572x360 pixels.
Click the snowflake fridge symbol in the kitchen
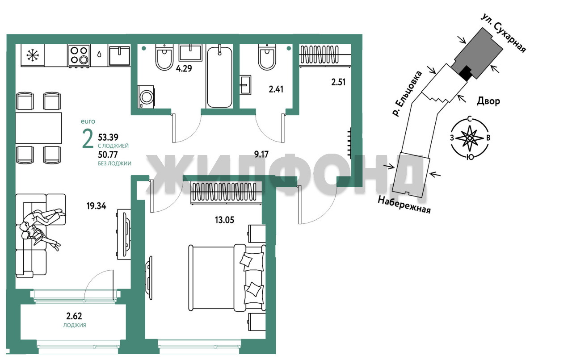pyautogui.click(x=33, y=56)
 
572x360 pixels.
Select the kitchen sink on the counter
pyautogui.click(x=119, y=55)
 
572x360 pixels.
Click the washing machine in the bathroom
pyautogui.click(x=146, y=97)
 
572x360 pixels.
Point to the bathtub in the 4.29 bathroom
pyautogui.click(x=219, y=76)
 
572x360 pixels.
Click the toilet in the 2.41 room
pyautogui.click(x=267, y=57)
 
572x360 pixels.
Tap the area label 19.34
pyautogui.click(x=96, y=205)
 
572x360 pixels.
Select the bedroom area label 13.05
pyautogui.click(x=224, y=220)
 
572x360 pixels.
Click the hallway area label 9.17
pyautogui.click(x=261, y=154)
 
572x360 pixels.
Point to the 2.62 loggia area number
pyautogui.click(x=74, y=316)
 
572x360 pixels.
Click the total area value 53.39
pyautogui.click(x=108, y=138)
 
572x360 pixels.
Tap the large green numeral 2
pyautogui.click(x=88, y=138)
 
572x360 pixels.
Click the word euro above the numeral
pyautogui.click(x=88, y=121)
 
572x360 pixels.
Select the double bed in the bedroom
pyautogui.click(x=227, y=278)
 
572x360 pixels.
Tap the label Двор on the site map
pyautogui.click(x=488, y=101)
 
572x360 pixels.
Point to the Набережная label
pyautogui.click(x=404, y=205)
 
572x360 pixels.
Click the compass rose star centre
pyautogui.click(x=469, y=138)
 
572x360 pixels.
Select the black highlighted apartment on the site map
pyautogui.click(x=466, y=73)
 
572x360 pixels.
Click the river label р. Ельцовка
pyautogui.click(x=407, y=94)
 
